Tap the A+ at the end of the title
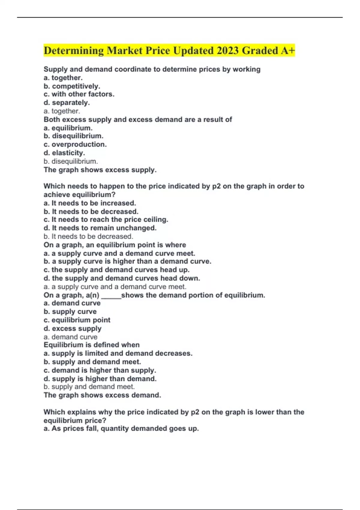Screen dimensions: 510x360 coord(288,50)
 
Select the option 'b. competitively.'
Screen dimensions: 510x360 coord(72,86)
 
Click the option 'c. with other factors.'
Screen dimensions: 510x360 coord(79,94)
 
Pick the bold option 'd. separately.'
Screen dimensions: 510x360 coord(67,103)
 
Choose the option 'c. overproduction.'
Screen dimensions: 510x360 coord(75,144)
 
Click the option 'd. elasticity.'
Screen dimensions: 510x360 coord(64,153)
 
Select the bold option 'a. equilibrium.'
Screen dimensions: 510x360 coord(68,128)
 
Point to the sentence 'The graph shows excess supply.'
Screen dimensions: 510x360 coord(100,170)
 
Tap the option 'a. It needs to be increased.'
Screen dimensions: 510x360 coord(90,203)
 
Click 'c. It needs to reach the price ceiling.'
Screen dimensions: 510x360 coord(106,220)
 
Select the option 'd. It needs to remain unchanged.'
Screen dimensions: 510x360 coord(100,228)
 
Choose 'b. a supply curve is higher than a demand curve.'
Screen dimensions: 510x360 coord(127,261)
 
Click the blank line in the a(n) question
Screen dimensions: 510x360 coord(111,296)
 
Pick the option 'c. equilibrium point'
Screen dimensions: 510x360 coord(77,320)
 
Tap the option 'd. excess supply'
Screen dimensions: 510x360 coord(73,328)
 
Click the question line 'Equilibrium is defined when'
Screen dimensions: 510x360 coord(91,345)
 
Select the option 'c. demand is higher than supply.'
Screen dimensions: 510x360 coord(100,370)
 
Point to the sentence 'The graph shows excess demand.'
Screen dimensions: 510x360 coord(102,395)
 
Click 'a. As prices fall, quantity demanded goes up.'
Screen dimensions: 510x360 coord(121,428)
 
